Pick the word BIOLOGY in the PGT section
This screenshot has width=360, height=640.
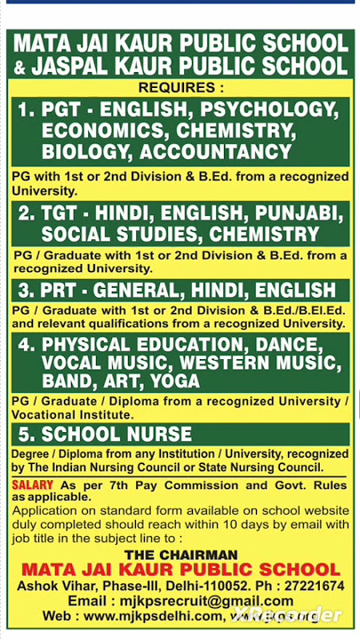(x=84, y=151)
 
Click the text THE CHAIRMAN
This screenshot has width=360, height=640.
(x=180, y=553)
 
